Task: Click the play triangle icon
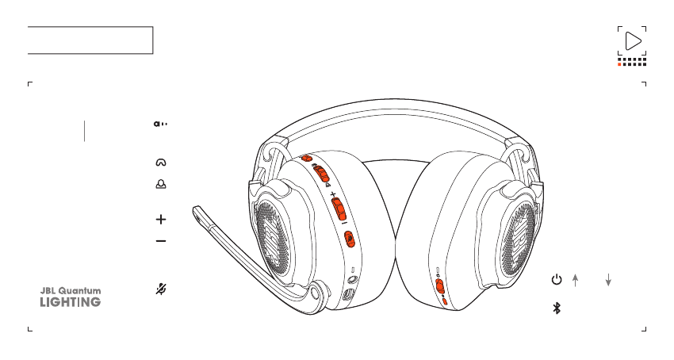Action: (x=632, y=41)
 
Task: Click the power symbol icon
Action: (x=557, y=279)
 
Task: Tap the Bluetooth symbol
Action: (x=557, y=308)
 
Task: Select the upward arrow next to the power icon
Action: (x=576, y=279)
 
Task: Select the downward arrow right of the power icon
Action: (x=608, y=279)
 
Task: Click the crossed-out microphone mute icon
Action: (x=161, y=289)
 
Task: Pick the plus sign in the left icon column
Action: (x=161, y=219)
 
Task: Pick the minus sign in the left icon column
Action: (x=161, y=240)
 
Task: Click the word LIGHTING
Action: (x=71, y=302)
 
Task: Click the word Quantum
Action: (x=81, y=291)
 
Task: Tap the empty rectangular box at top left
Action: (x=90, y=40)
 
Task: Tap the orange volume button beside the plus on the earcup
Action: (x=339, y=209)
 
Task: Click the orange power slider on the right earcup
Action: (x=440, y=287)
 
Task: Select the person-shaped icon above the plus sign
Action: (x=161, y=183)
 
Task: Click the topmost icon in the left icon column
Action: (x=161, y=124)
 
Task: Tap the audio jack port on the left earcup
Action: (x=351, y=279)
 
